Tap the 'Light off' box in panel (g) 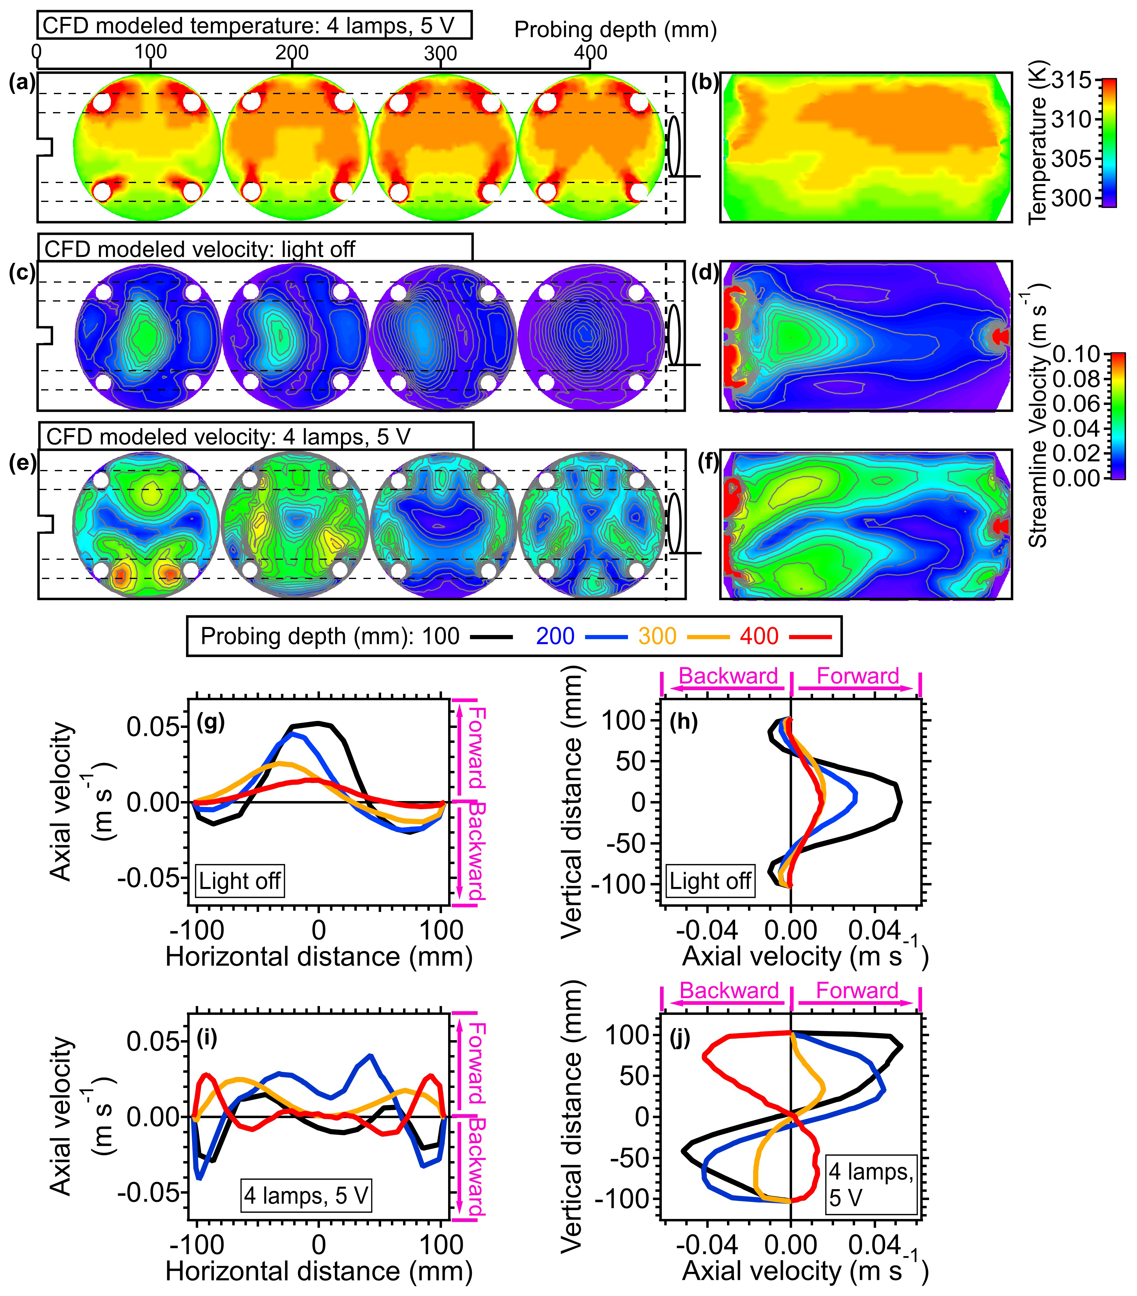[240, 881]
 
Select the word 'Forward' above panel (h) [858, 676]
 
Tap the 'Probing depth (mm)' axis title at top [615, 30]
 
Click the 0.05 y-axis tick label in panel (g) [152, 727]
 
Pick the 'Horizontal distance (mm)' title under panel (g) [319, 956]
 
